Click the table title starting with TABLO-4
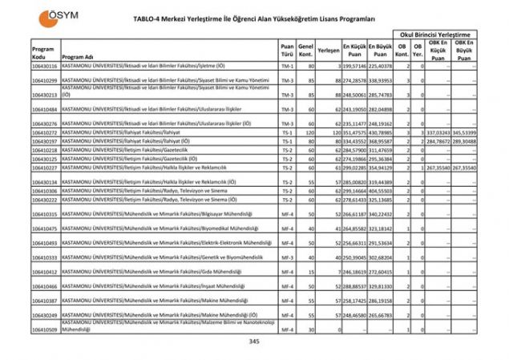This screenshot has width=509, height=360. pos(255,18)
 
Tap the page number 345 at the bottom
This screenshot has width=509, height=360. pos(254,342)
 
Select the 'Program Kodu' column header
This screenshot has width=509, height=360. pos(43,53)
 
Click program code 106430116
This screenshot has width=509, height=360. pos(45,67)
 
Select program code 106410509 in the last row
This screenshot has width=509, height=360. pos(45,329)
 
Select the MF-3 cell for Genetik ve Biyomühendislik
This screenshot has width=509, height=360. pos(287,257)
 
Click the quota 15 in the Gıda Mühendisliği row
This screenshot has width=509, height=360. pos(307,272)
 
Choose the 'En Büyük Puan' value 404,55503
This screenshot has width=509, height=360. pos(380,191)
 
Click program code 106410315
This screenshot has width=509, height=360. pos(45,214)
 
